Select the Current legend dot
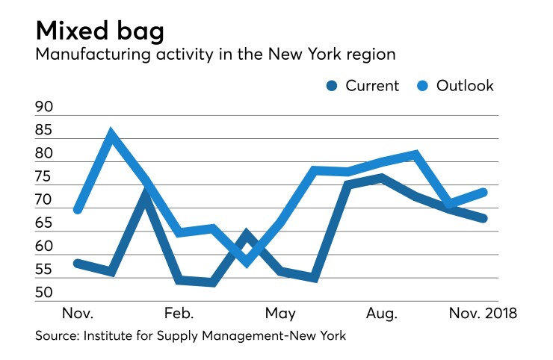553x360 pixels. click(332, 86)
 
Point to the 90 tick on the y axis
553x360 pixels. click(45, 108)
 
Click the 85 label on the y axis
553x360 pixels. click(45, 131)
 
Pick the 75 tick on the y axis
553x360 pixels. click(45, 177)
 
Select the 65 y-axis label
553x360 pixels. click(45, 223)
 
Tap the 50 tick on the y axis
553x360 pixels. click(45, 292)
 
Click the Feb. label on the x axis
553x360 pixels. click(178, 312)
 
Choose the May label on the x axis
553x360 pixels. click(279, 312)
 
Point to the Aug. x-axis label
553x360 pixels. click(381, 312)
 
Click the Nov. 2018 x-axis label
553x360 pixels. click(481, 312)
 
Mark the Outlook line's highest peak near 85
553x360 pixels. click(111, 135)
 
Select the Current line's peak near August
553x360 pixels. click(381, 178)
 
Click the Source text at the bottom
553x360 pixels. click(191, 336)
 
